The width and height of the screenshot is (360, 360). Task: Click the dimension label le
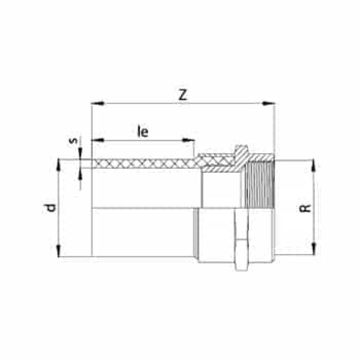(143, 131)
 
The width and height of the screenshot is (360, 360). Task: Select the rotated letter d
(50, 208)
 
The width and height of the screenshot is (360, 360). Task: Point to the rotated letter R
(305, 208)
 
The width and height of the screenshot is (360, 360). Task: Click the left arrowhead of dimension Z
(98, 104)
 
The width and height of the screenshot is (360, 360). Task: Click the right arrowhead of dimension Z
(268, 104)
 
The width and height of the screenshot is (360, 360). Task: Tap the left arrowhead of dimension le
(98, 140)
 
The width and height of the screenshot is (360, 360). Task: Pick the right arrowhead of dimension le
(188, 140)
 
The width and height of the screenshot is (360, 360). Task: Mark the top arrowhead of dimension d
(59, 165)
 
